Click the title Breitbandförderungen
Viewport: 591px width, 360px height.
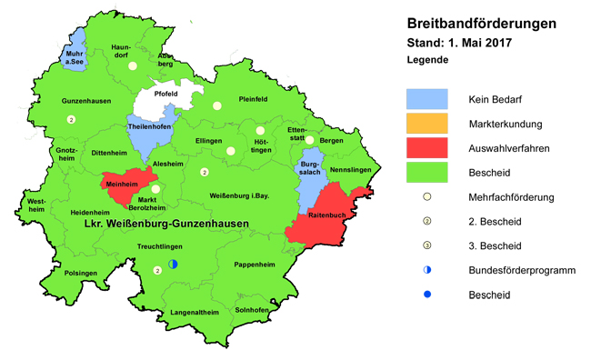[482, 25]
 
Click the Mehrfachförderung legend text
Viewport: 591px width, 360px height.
[510, 196]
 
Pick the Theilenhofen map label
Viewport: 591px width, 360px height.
[150, 128]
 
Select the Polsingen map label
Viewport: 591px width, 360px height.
[81, 273]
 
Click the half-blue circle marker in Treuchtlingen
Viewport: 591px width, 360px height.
[172, 264]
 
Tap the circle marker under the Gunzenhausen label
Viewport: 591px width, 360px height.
[71, 119]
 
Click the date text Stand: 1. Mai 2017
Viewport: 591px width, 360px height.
[459, 43]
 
